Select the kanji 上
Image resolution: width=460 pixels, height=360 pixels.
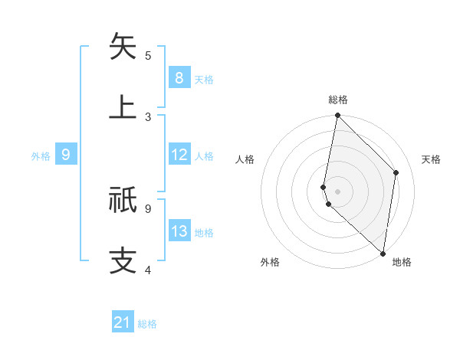pyautogui.click(x=123, y=106)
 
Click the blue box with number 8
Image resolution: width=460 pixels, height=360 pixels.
pyautogui.click(x=179, y=78)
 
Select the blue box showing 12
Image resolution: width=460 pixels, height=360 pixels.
pyautogui.click(x=179, y=155)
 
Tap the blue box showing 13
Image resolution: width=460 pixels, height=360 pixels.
pyautogui.click(x=179, y=231)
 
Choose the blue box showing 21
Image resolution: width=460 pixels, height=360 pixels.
pyautogui.click(x=123, y=322)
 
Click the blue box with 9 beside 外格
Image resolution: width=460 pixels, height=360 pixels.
pyautogui.click(x=66, y=155)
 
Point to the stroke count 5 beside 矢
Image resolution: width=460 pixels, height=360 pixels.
pyautogui.click(x=148, y=56)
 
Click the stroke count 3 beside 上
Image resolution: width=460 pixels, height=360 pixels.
pyautogui.click(x=148, y=117)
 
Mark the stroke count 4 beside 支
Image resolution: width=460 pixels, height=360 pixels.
pyautogui.click(x=148, y=270)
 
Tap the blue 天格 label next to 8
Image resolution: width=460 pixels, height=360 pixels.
pyautogui.click(x=204, y=79)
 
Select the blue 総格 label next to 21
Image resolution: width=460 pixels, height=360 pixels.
pyautogui.click(x=147, y=324)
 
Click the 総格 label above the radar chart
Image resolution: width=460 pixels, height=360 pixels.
pyautogui.click(x=338, y=100)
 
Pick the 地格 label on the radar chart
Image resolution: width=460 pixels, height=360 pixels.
pyautogui.click(x=402, y=263)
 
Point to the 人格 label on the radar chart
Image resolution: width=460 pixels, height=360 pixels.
pyautogui.click(x=245, y=159)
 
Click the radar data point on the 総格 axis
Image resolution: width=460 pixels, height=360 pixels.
pyautogui.click(x=337, y=116)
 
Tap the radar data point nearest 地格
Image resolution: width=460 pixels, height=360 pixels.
pyautogui.click(x=383, y=253)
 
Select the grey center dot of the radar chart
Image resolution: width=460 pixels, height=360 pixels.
pyautogui.click(x=337, y=191)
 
